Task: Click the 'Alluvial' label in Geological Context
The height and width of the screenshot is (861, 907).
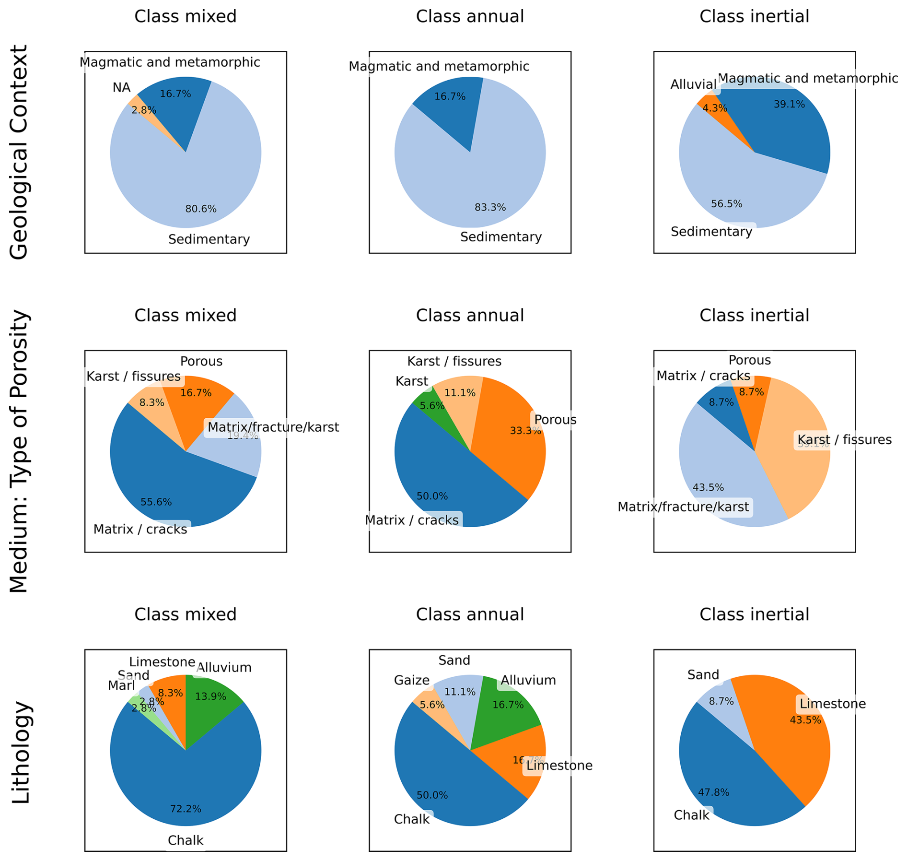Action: [693, 84]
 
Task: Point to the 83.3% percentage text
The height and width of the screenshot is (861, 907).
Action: [490, 207]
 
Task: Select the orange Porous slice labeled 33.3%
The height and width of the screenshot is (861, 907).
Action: [508, 432]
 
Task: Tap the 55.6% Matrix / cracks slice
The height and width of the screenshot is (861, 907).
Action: [168, 484]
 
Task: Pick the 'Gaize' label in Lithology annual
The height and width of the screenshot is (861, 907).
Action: [411, 680]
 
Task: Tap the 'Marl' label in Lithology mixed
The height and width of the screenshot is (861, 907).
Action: [121, 685]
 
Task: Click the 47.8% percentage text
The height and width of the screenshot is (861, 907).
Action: [713, 792]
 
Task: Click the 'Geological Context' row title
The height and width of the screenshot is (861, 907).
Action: [19, 152]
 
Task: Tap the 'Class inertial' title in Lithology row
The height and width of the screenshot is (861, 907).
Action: [754, 614]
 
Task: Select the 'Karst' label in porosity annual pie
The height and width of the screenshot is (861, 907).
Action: [411, 381]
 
